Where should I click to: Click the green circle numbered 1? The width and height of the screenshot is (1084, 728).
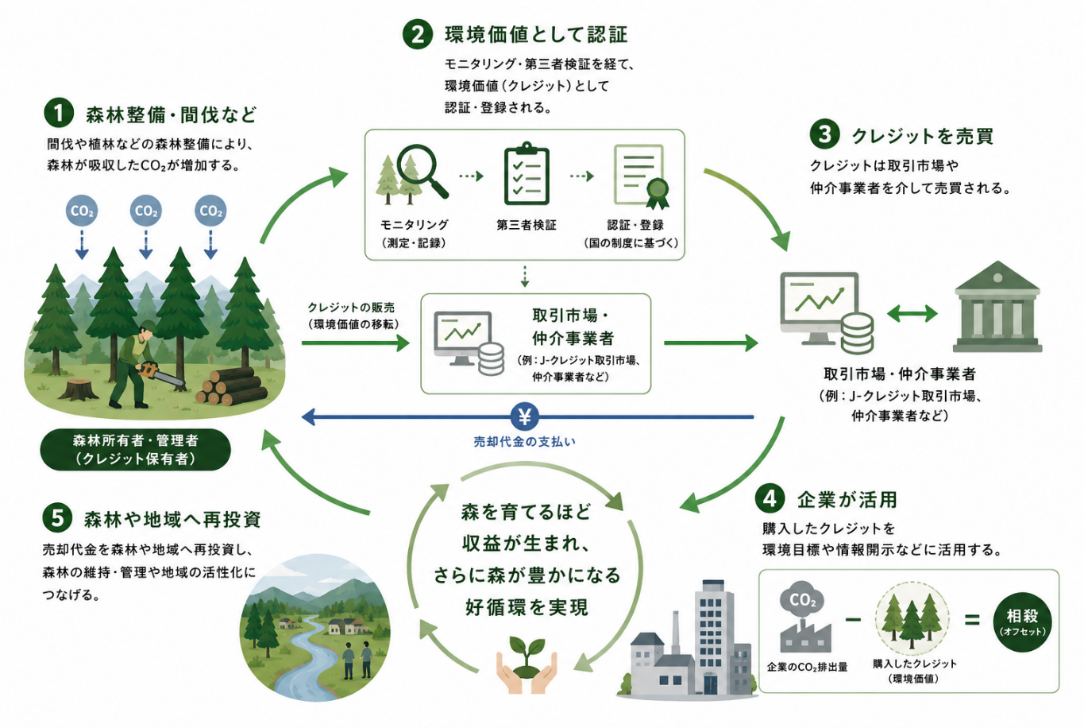[x=59, y=113]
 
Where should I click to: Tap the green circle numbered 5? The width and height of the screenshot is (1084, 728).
[x=57, y=517]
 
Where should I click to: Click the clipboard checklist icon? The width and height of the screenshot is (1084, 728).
[x=527, y=174]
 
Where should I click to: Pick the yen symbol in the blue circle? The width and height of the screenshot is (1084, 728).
[x=525, y=416]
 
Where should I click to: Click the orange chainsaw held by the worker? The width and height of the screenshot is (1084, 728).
[x=160, y=374]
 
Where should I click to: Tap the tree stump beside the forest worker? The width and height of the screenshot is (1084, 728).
[x=79, y=389]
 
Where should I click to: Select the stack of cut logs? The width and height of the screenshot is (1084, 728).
[x=231, y=386]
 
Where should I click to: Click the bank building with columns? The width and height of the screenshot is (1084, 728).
[x=997, y=307]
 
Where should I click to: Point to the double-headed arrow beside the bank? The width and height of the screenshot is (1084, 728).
[x=912, y=313]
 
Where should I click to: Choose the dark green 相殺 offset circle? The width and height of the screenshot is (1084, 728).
[x=1022, y=622]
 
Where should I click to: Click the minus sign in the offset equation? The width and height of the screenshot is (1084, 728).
[x=853, y=619]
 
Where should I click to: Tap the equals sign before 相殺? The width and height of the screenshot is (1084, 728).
[x=972, y=619]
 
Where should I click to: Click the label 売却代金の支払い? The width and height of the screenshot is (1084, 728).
[x=525, y=442]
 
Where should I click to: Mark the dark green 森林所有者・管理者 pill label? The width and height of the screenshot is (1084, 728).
[x=136, y=450]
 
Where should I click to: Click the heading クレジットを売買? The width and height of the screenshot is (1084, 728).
[x=922, y=136]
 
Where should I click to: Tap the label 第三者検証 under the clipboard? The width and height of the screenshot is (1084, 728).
[x=527, y=225]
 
